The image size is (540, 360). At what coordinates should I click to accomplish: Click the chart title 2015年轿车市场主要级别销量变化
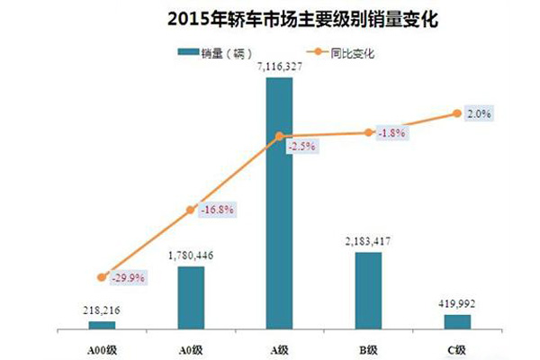[270, 18]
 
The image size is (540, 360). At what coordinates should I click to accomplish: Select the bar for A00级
[102, 324]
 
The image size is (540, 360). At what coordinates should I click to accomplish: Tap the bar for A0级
[191, 297]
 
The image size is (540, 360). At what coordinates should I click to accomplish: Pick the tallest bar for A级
[279, 202]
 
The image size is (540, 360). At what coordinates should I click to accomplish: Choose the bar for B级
[368, 290]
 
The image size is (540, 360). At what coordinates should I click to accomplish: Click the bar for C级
[457, 321]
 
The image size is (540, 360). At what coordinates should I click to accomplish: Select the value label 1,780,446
[191, 256]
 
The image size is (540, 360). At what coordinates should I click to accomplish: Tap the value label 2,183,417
[368, 242]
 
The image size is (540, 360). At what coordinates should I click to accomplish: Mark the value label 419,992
[457, 303]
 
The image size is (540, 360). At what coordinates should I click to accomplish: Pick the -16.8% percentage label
[217, 210]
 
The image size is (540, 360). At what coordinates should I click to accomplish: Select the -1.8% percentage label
[391, 133]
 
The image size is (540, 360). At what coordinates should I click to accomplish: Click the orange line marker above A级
[279, 137]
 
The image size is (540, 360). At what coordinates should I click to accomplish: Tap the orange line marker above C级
[457, 113]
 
